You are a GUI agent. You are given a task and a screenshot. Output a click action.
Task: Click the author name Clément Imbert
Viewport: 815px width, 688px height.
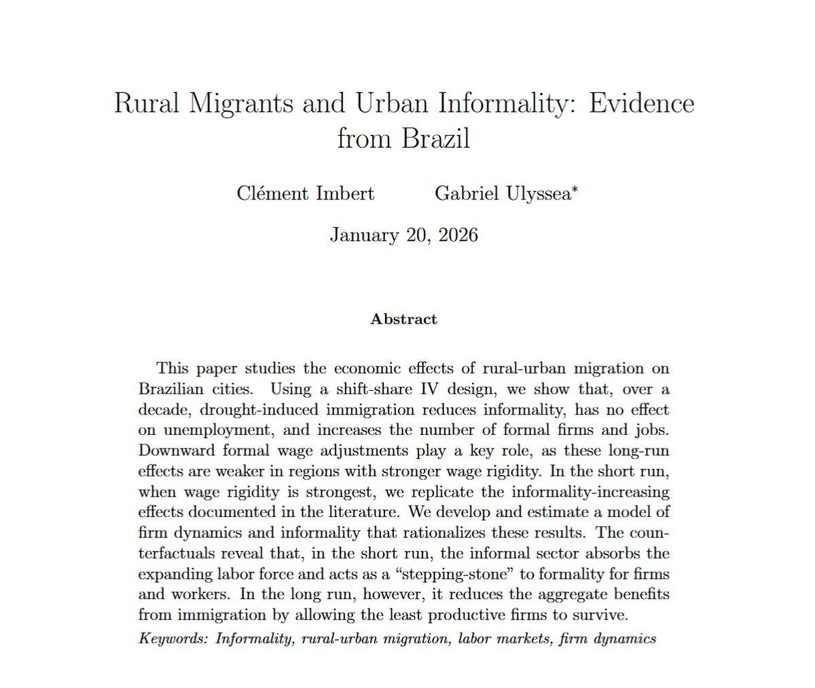pyautogui.click(x=306, y=193)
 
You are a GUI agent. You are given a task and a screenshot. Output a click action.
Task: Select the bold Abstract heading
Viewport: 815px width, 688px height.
pyautogui.click(x=403, y=319)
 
